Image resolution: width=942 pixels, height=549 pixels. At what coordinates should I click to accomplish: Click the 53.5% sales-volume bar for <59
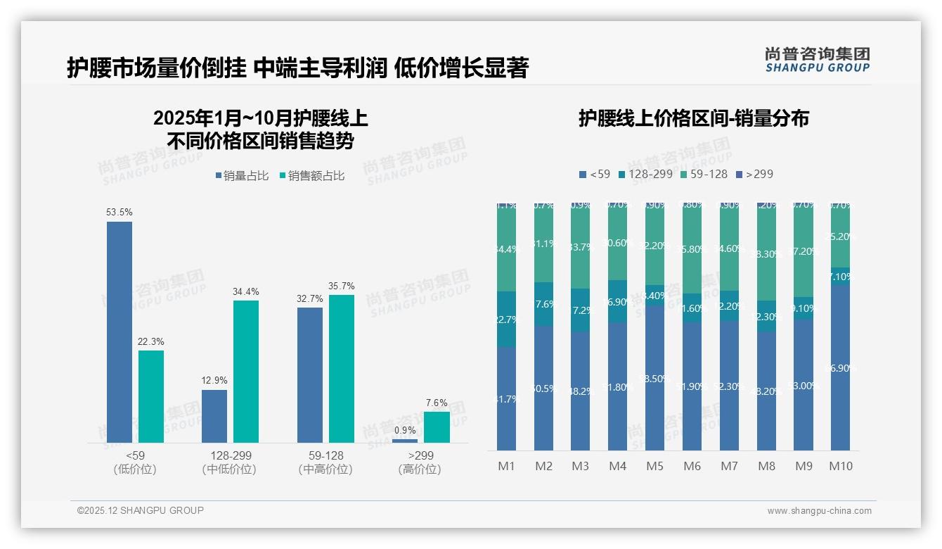120,332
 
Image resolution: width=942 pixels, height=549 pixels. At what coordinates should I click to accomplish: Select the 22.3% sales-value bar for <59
151,396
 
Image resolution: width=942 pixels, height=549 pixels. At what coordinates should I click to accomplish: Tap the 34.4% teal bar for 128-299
246,371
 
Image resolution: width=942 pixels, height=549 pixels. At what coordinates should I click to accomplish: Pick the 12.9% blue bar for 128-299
214,416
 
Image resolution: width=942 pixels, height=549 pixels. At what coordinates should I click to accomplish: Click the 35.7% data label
341,286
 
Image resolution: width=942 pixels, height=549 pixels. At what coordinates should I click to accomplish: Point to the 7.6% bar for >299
437,427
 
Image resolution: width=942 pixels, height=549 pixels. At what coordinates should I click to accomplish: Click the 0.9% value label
405,430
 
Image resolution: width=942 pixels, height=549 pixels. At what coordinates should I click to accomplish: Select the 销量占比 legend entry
242,176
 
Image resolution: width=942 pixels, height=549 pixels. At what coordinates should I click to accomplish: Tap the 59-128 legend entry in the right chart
703,174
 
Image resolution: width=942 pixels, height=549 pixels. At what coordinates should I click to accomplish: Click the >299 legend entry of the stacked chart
754,174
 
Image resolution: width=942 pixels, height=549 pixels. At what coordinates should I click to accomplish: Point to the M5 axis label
654,466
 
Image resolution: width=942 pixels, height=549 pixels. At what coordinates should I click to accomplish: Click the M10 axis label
840,466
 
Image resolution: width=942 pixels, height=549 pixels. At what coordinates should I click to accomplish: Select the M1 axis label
507,466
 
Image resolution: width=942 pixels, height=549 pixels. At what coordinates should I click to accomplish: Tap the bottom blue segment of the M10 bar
840,367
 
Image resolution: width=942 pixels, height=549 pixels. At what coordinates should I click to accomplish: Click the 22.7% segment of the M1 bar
507,320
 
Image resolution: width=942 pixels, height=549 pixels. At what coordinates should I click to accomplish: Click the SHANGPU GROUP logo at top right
817,59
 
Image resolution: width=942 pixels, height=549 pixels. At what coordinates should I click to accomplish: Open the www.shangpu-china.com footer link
819,511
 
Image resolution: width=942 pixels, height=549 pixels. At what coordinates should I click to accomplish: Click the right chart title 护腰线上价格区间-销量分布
693,118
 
